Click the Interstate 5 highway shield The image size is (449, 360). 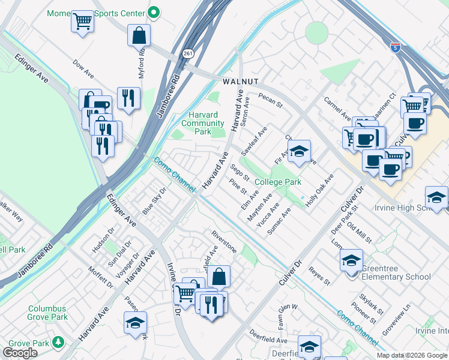tap(394, 47)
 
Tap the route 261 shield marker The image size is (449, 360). tap(188, 53)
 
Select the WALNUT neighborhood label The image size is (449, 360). tap(240, 81)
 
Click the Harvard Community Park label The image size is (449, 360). tap(202, 123)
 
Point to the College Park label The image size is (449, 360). tap(277, 182)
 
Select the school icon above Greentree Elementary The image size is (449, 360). tap(351, 261)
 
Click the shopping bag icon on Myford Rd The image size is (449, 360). tap(139, 36)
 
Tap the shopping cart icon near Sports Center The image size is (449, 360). tap(83, 22)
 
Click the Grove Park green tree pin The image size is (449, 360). tap(58, 342)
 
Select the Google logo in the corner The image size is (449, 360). tap(20, 353)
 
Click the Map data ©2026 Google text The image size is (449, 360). tap(411, 355)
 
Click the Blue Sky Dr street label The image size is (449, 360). tap(154, 201)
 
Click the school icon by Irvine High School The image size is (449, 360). tap(436, 197)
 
